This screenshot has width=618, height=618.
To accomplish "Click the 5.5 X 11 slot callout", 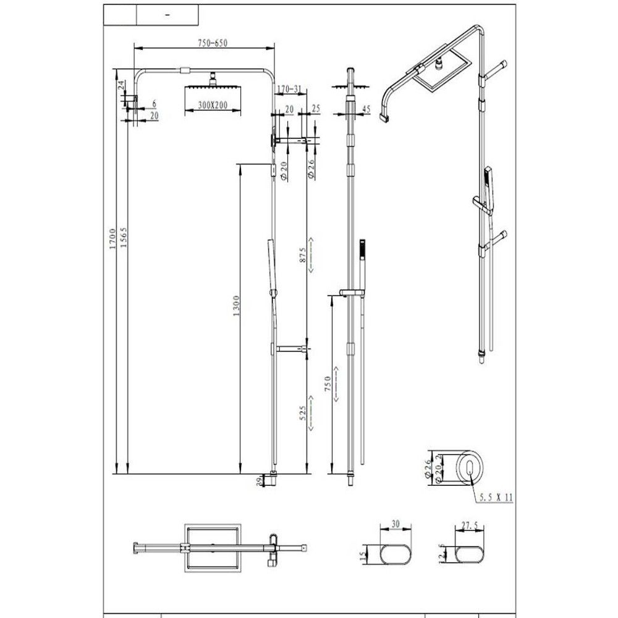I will tap(496, 497).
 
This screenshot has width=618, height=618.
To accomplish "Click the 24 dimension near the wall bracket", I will tap(122, 84).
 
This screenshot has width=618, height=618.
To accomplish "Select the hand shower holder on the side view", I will tap(351, 290).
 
